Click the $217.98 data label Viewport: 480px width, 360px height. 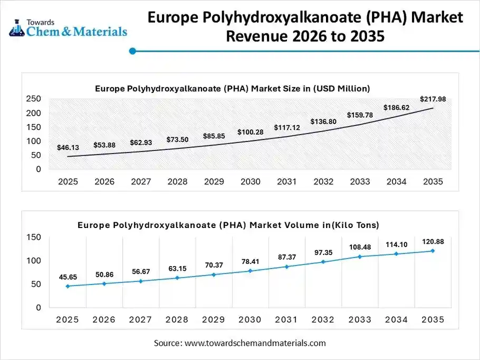433,99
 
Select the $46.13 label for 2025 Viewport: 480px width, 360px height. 68,148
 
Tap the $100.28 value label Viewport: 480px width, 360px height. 250,131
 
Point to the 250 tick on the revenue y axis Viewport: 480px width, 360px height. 34,99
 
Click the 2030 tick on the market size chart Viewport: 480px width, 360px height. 250,182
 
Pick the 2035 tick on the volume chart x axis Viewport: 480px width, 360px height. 433,320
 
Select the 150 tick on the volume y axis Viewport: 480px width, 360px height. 34,238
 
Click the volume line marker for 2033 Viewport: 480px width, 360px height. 360,257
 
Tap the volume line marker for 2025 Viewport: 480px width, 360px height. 68,286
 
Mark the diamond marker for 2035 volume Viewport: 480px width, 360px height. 433,251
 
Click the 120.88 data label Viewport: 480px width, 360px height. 433,242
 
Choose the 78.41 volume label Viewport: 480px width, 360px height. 250,261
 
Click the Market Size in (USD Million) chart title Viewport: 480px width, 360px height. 233,88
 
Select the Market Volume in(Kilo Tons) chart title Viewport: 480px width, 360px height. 228,225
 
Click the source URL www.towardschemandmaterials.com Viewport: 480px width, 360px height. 256,343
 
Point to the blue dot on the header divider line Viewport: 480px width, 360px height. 133,51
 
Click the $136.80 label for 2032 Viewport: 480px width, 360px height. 323,121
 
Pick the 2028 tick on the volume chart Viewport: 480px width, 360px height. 177,320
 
